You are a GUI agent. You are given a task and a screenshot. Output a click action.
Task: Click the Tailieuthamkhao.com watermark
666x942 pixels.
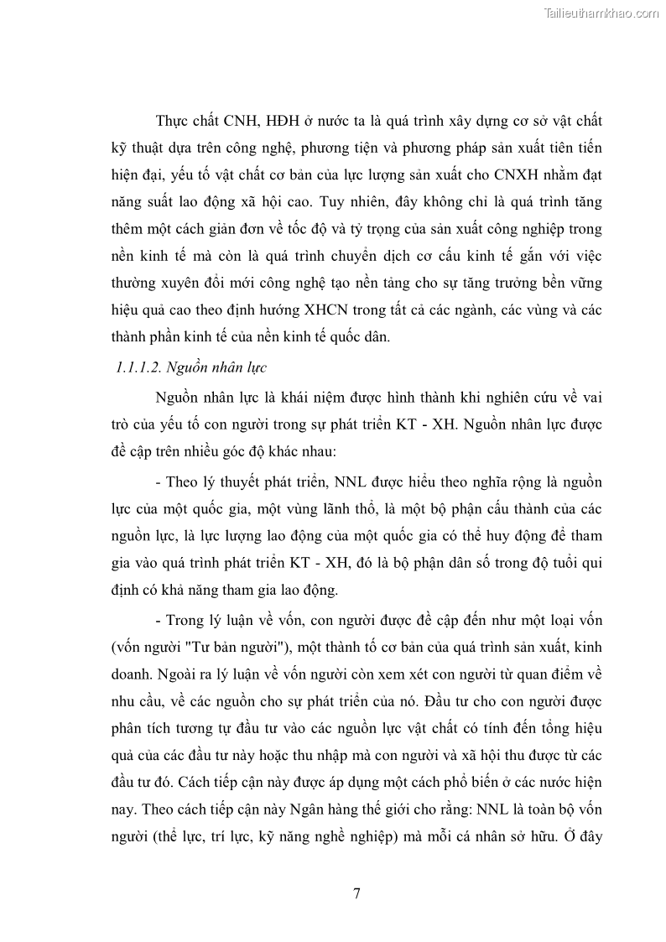pos(602,13)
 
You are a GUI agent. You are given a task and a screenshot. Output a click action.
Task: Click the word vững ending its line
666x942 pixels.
pos(584,284)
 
